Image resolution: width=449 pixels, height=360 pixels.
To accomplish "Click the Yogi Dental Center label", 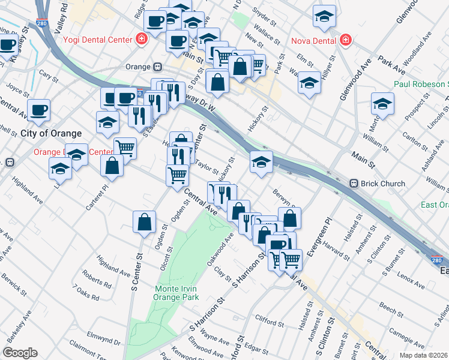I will click(99, 40).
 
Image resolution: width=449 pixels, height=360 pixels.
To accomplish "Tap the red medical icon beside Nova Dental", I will click(345, 40).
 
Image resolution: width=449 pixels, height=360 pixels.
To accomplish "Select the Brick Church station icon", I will click(354, 184).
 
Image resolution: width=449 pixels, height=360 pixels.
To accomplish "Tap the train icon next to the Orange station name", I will click(157, 67).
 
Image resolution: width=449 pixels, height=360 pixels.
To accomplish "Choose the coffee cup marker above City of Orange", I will click(38, 110).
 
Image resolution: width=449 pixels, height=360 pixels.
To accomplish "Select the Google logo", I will click(20, 353).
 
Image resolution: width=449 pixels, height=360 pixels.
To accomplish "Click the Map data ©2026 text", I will click(424, 355).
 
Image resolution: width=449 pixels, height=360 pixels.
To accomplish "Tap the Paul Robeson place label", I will click(420, 85).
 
